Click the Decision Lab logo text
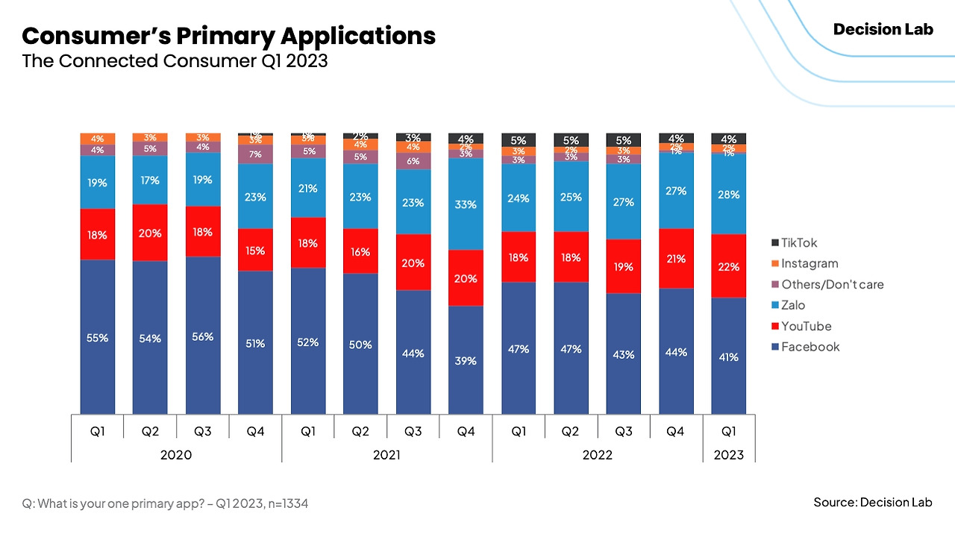pyautogui.click(x=883, y=30)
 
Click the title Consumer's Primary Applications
pyautogui.click(x=228, y=36)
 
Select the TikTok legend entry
pyautogui.click(x=799, y=242)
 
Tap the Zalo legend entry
pyautogui.click(x=793, y=305)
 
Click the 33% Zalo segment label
pyautogui.click(x=466, y=204)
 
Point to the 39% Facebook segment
pyautogui.click(x=466, y=360)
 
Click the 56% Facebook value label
pyautogui.click(x=203, y=336)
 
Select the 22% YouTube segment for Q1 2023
pyautogui.click(x=729, y=266)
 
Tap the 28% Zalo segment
pyautogui.click(x=729, y=194)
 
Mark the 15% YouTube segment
pyautogui.click(x=255, y=250)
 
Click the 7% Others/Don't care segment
pyautogui.click(x=255, y=154)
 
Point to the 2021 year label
pyautogui.click(x=386, y=454)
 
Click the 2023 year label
pyautogui.click(x=729, y=454)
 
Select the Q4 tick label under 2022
pyautogui.click(x=676, y=431)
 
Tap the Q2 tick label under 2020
pyautogui.click(x=150, y=431)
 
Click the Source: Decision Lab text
pyautogui.click(x=872, y=502)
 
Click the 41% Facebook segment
pyautogui.click(x=729, y=357)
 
